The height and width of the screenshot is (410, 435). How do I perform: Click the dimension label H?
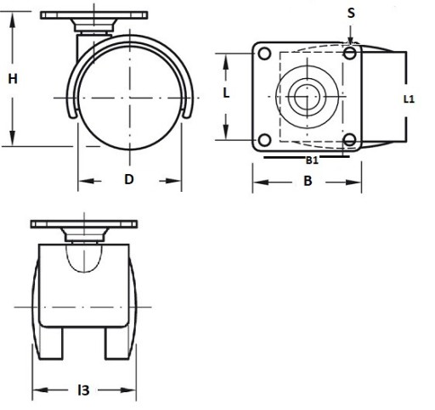click(x=13, y=79)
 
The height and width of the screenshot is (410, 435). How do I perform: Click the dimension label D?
click(x=129, y=179)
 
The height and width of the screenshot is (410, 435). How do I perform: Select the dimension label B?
click(x=308, y=181)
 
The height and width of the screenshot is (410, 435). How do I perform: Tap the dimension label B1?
click(x=312, y=160)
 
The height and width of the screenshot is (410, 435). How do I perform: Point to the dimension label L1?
click(x=409, y=99)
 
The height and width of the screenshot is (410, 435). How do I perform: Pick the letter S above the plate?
click(x=351, y=13)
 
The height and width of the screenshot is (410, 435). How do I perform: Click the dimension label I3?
click(x=83, y=390)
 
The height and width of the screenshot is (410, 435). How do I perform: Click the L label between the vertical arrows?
click(x=226, y=93)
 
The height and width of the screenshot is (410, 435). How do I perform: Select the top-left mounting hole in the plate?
click(x=264, y=53)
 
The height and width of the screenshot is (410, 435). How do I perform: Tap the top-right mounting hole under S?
click(x=350, y=53)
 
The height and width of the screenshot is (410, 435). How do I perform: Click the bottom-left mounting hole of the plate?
click(x=264, y=140)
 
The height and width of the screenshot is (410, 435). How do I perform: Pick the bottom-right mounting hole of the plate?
click(x=350, y=140)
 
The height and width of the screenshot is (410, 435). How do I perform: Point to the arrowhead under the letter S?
click(x=351, y=40)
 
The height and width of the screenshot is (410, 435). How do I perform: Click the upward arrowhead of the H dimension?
click(x=12, y=20)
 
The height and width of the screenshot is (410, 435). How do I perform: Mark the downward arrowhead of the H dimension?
click(x=12, y=138)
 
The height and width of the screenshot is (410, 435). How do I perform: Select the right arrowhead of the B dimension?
click(x=353, y=183)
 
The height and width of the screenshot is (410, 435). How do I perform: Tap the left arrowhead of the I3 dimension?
click(x=41, y=390)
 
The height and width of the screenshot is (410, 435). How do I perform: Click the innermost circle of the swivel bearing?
click(x=303, y=97)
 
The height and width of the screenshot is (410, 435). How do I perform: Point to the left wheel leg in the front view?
click(x=51, y=343)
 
